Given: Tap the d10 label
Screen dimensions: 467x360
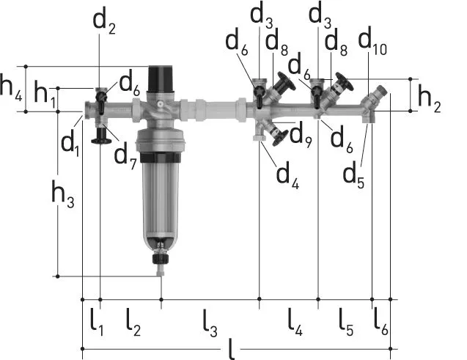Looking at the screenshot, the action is coord(372,41).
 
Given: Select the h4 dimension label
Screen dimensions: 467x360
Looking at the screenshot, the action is coord(11,88).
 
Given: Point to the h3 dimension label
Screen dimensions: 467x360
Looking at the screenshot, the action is coord(63,194).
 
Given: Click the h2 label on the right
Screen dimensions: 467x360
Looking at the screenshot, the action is coord(430,98).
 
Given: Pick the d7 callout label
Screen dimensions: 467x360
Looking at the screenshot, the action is coord(125,156).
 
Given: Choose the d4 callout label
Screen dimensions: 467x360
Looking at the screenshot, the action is coord(287,176).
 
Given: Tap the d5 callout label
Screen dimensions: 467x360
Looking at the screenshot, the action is coord(353,175).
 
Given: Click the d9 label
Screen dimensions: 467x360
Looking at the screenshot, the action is coord(301,135).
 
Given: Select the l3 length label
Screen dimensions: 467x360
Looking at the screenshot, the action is coord(210,323).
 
